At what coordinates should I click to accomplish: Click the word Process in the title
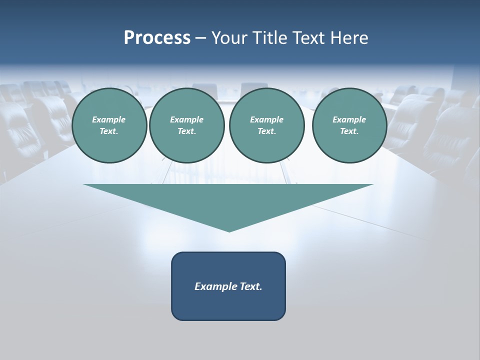point(157,37)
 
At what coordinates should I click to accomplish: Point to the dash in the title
point(200,38)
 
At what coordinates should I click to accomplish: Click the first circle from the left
point(109,125)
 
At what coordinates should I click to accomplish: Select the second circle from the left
point(187,125)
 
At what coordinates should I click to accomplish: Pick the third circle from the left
point(267,125)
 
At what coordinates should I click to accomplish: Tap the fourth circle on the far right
point(349,125)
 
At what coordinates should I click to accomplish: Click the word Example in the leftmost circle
point(109,119)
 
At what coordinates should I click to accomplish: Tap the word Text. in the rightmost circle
point(349,131)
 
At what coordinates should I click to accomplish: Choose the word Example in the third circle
point(267,119)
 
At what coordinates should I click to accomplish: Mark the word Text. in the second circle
point(187,131)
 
